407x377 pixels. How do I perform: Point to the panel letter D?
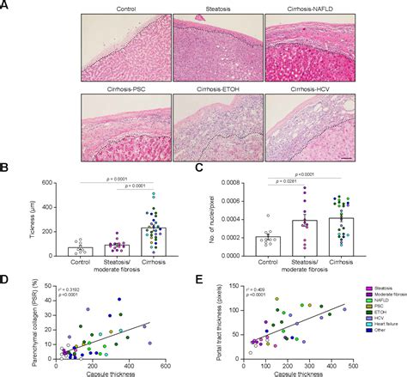click(7, 279)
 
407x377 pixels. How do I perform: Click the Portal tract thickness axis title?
click(224, 321)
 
